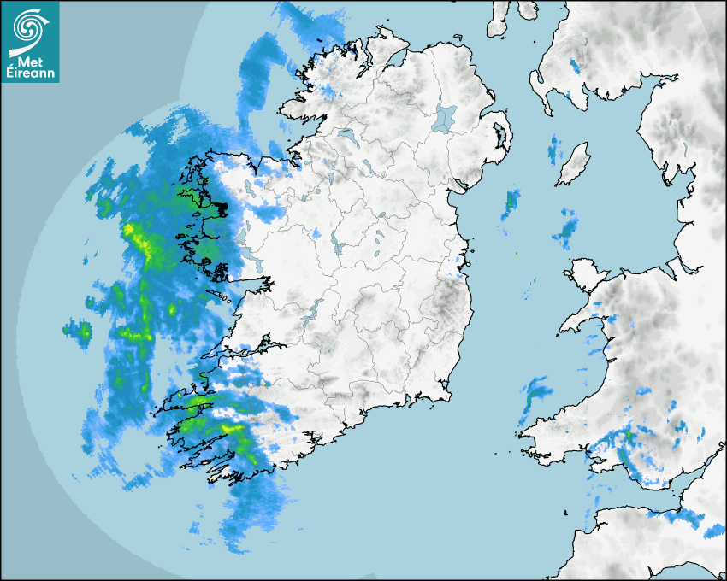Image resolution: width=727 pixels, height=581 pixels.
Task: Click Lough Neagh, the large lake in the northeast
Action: (x=445, y=117)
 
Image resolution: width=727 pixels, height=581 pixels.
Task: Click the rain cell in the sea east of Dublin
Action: (x=511, y=202)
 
